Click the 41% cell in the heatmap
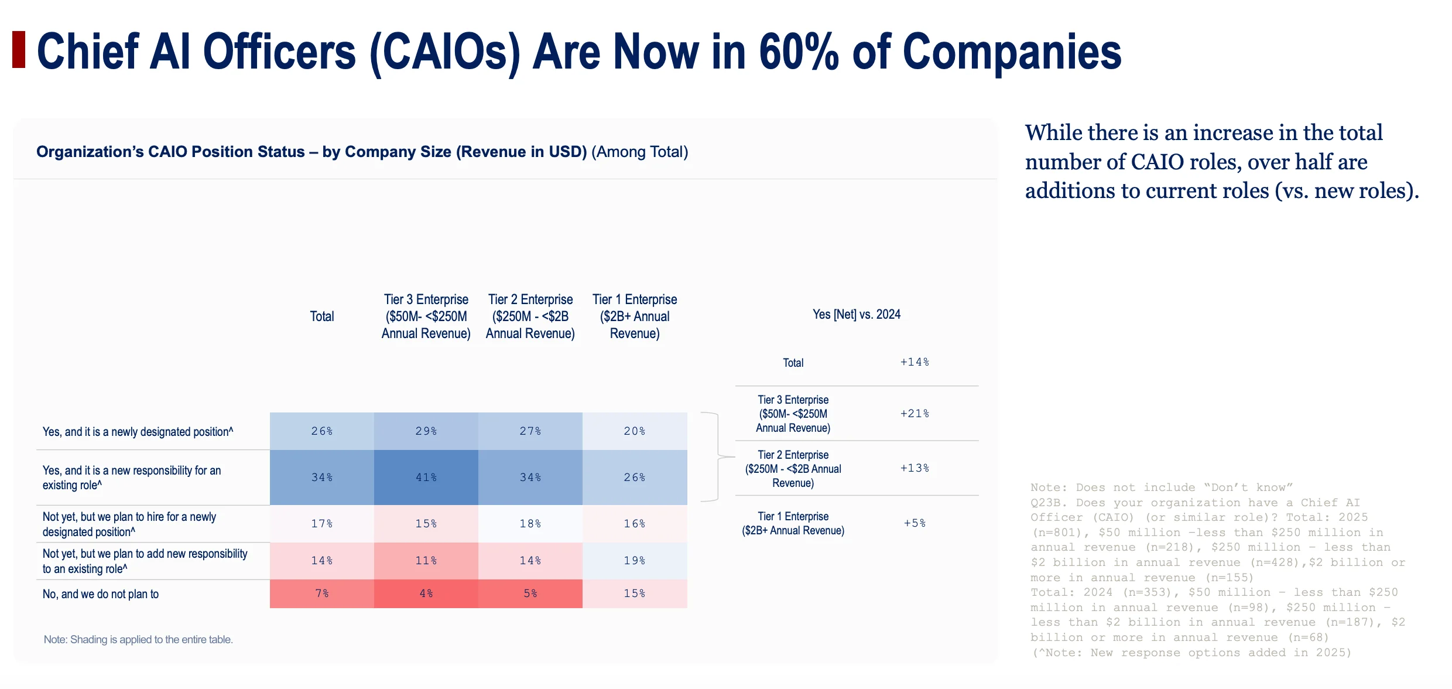426,477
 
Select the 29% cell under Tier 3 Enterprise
426,431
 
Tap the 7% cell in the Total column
322,594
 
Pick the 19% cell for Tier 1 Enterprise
635,561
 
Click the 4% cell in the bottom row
426,594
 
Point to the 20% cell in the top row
635,431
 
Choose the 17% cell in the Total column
322,524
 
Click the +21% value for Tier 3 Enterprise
915,414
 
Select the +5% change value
915,523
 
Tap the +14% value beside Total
915,362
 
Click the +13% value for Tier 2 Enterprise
915,468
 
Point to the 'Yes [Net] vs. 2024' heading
857,315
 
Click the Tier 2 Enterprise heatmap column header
530,316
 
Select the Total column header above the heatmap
322,316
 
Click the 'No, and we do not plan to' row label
101,594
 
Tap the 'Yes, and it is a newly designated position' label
138,432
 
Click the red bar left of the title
19,50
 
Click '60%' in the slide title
799,52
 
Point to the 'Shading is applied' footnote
138,640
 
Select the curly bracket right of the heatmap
718,457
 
